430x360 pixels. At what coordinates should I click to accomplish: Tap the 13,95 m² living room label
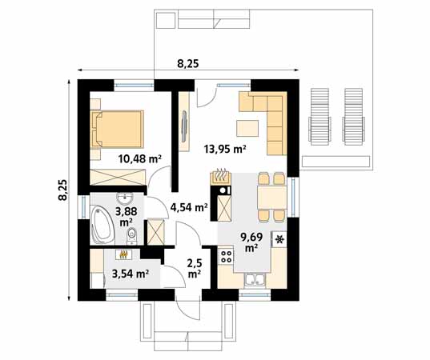224,148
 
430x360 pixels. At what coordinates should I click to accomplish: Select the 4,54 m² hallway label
189,207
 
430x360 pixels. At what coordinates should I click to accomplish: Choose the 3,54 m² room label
130,274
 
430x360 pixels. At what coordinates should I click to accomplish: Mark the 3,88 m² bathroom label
126,216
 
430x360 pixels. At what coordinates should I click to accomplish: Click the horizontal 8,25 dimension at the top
187,64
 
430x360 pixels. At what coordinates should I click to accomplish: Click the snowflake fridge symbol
279,239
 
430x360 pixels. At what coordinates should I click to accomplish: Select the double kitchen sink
255,279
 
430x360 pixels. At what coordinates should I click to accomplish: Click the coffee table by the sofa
248,128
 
